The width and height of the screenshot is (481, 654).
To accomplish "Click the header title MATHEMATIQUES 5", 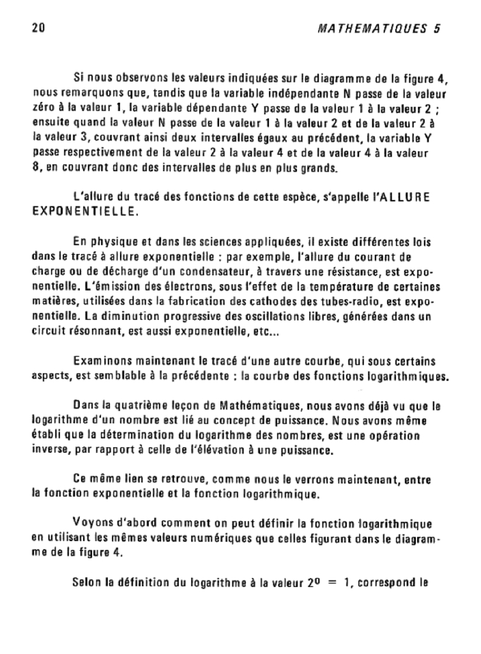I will point(381,29).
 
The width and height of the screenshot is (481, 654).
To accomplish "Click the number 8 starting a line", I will point(36,168).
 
